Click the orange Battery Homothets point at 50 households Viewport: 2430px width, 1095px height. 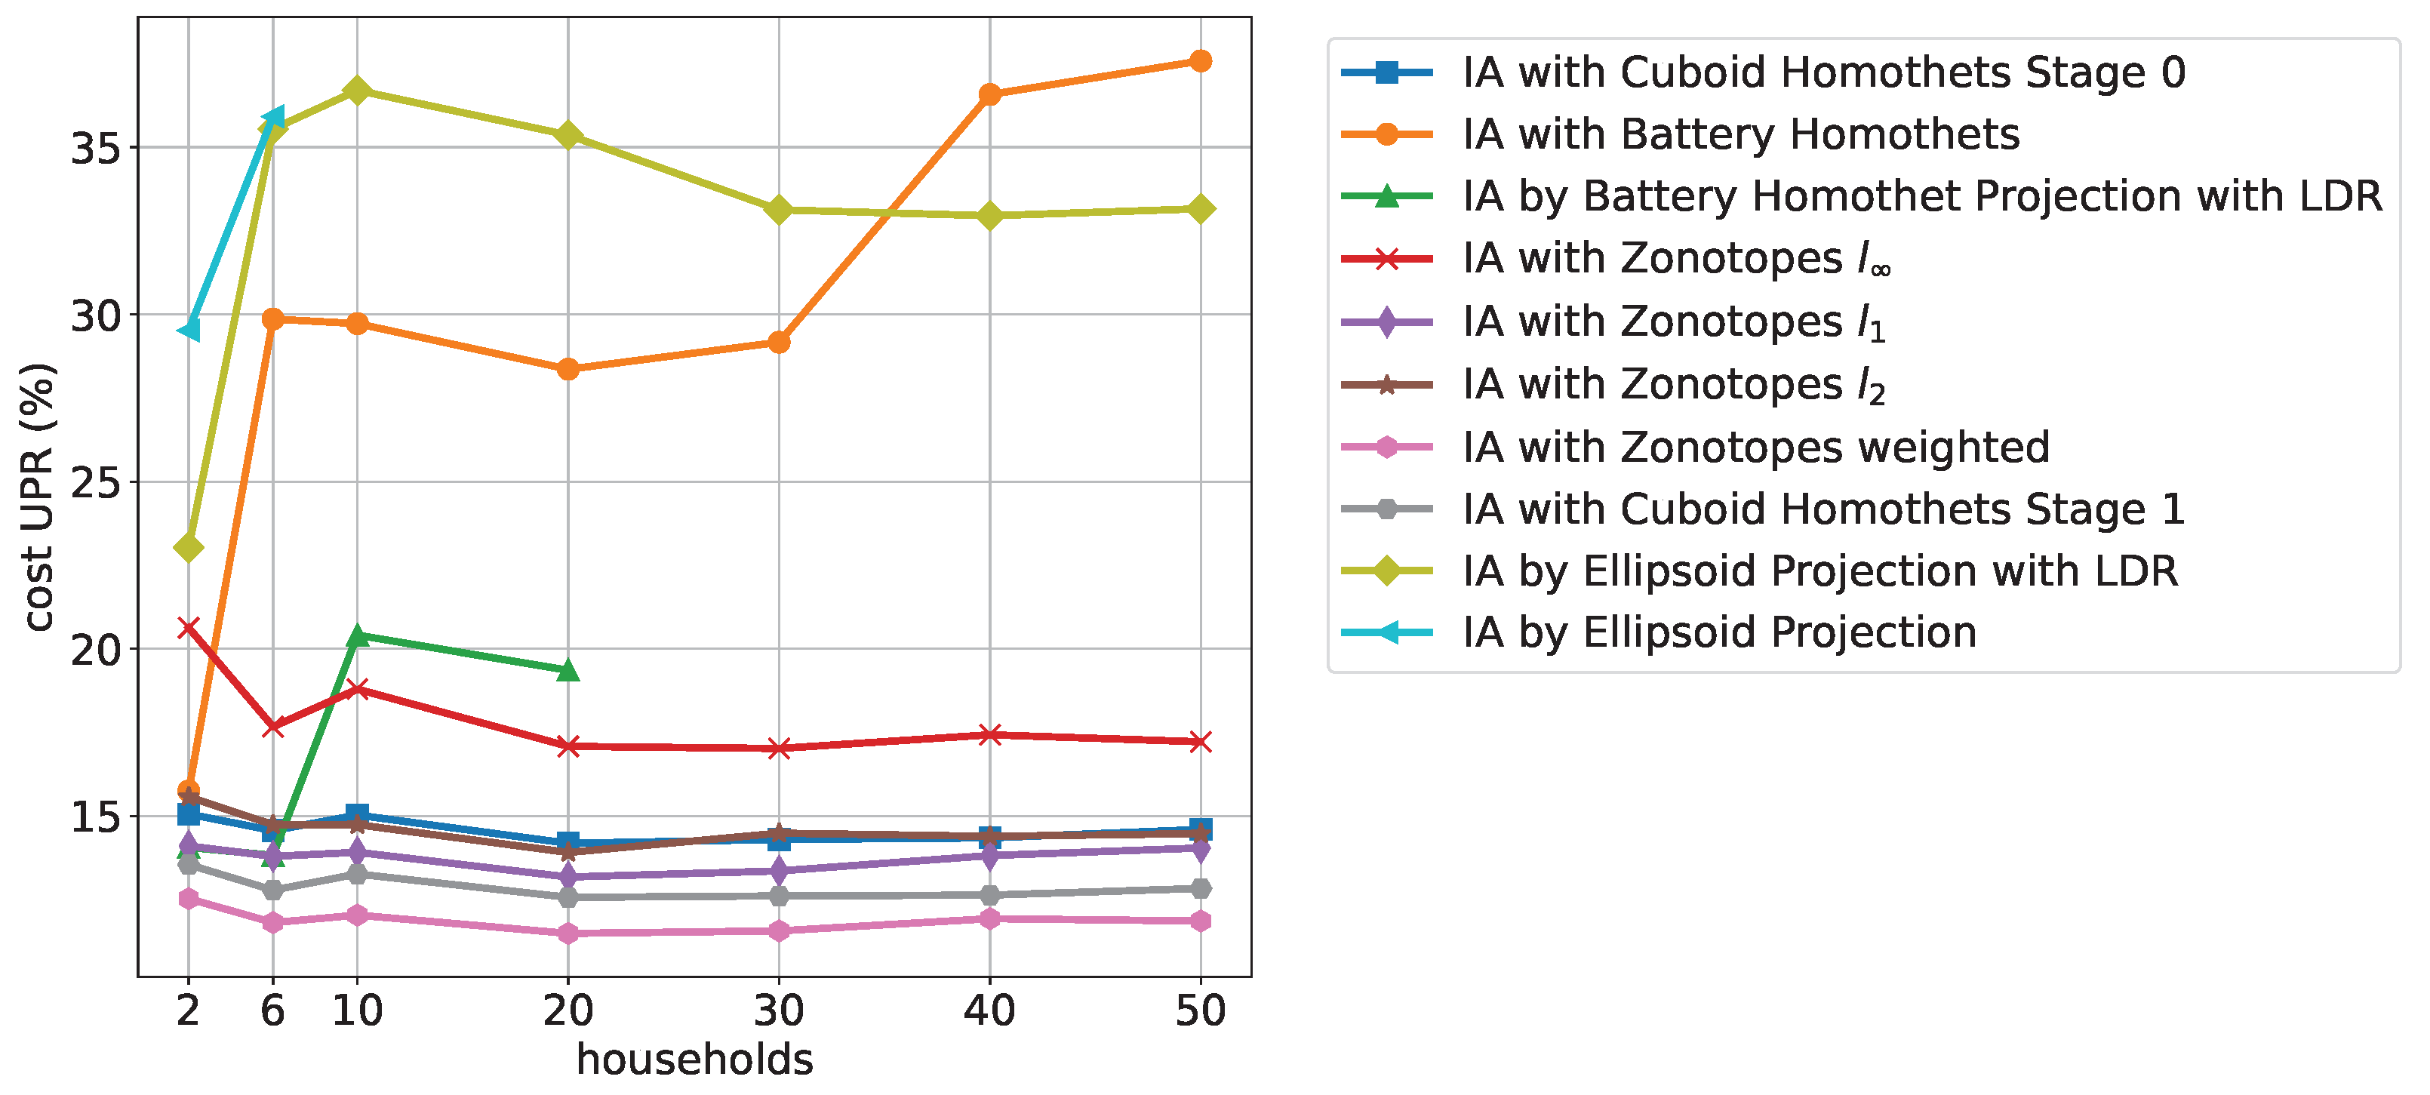(1200, 61)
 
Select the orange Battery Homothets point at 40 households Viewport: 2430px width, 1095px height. (989, 94)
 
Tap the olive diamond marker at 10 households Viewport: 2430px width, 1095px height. (356, 91)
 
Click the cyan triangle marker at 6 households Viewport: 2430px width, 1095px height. (272, 118)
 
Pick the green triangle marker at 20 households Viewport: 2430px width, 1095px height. (568, 671)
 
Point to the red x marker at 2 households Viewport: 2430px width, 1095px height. (189, 628)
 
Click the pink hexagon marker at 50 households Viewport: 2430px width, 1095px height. (1200, 921)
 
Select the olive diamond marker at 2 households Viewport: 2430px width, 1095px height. (189, 547)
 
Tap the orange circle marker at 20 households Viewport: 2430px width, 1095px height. (568, 370)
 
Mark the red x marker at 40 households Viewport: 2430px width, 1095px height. (989, 735)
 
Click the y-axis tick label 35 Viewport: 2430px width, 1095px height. (97, 148)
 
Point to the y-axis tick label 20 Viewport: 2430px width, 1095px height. (97, 650)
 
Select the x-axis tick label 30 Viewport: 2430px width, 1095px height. (778, 1011)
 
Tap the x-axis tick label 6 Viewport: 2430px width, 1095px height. (272, 1011)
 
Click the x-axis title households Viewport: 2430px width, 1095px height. (694, 1060)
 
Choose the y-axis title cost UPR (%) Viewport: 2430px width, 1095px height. (39, 497)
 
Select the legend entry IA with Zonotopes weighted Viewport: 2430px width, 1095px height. (1755, 447)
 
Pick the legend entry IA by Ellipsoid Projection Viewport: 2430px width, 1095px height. (1719, 632)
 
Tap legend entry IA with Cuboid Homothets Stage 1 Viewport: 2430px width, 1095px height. (1823, 509)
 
